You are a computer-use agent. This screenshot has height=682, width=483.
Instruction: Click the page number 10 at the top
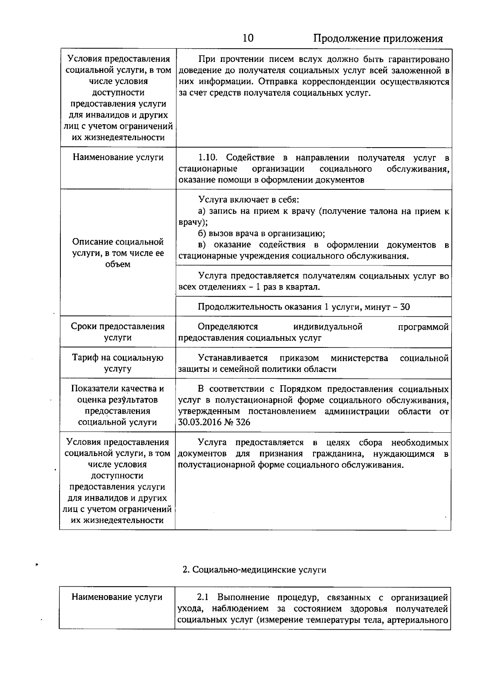point(248,39)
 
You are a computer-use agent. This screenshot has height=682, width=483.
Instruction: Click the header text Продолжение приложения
point(378,39)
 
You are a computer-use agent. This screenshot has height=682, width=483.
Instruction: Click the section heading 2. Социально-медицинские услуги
point(254,570)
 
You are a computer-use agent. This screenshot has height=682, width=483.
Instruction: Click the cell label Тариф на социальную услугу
point(118,363)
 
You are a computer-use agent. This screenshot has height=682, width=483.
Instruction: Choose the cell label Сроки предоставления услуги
point(118,332)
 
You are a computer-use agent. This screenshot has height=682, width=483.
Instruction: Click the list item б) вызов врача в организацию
point(262,234)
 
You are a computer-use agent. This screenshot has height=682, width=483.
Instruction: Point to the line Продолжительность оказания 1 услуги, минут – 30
point(303,307)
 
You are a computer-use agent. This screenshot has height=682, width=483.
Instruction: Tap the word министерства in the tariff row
point(359,358)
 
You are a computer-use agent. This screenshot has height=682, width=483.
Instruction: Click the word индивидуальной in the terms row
point(328,327)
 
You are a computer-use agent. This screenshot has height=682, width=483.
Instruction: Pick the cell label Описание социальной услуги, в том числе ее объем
point(118,253)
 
